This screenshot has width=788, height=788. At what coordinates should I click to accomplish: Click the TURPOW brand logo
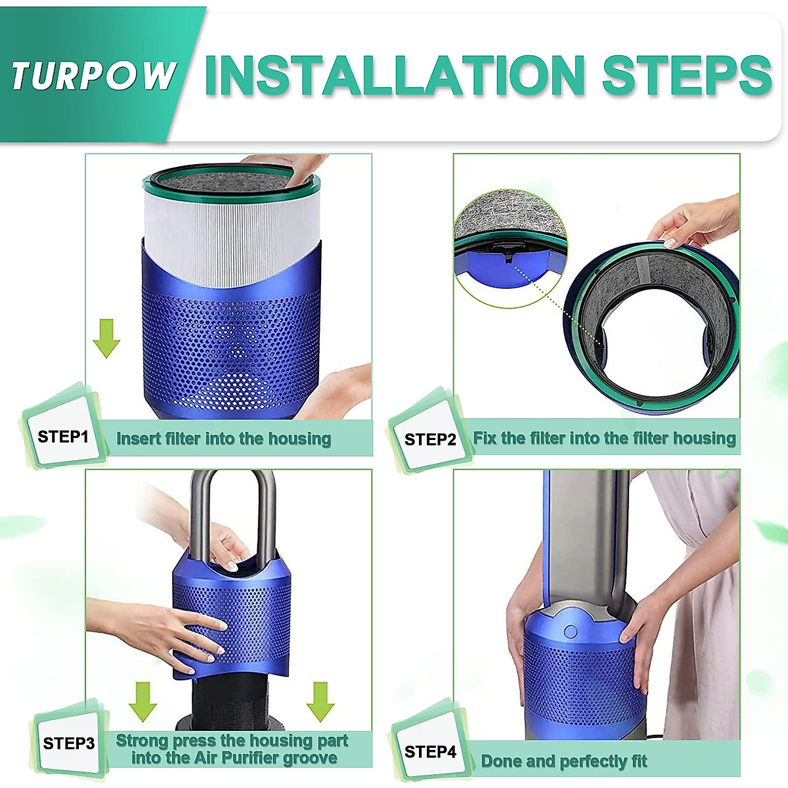coord(93,75)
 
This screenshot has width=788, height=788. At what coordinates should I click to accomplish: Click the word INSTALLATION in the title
coord(394,75)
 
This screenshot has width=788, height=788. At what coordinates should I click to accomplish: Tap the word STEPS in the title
coord(686,75)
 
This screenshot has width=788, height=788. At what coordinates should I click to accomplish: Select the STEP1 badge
coord(63,437)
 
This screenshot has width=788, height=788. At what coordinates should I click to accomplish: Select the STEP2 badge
coord(430,439)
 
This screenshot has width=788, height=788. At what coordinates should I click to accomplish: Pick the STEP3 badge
coord(69,743)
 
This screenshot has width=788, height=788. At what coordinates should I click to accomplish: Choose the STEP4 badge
coord(430,752)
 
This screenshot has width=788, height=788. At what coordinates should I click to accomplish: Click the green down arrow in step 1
coord(106,338)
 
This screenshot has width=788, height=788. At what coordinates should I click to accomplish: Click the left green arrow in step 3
coord(142,701)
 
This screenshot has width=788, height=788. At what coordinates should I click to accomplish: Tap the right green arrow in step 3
coord(320,701)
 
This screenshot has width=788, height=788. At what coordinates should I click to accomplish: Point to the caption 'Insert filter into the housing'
coord(223,439)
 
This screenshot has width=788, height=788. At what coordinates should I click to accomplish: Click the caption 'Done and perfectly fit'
coord(563,761)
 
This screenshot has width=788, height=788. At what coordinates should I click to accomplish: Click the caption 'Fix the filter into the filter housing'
coord(604,438)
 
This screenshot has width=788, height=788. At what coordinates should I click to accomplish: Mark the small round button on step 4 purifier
coord(570,632)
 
